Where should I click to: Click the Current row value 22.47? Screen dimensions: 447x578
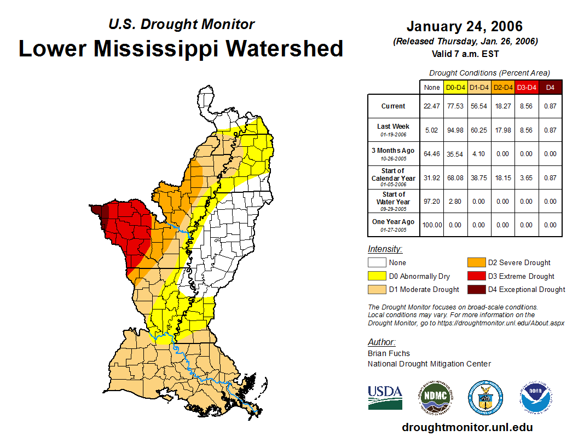pyautogui.click(x=431, y=106)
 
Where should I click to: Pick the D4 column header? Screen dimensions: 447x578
pyautogui.click(x=550, y=87)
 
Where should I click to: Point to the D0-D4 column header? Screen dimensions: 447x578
pyautogui.click(x=455, y=87)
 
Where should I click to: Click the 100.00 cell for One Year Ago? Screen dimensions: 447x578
pyautogui.click(x=431, y=225)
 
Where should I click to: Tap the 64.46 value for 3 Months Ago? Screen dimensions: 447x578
pyautogui.click(x=431, y=154)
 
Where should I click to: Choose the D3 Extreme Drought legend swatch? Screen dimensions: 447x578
pyautogui.click(x=476, y=277)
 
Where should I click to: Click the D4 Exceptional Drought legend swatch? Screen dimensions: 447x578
pyautogui.click(x=476, y=290)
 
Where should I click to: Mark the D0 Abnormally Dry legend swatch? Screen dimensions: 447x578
pyautogui.click(x=378, y=277)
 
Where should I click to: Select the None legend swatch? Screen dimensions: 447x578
pyautogui.click(x=378, y=263)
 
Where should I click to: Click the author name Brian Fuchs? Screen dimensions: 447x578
pyautogui.click(x=389, y=353)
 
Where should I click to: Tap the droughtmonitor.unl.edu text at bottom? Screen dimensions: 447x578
pyautogui.click(x=467, y=427)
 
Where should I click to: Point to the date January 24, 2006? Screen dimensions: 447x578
pyautogui.click(x=465, y=26)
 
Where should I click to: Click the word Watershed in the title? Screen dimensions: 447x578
pyautogui.click(x=285, y=48)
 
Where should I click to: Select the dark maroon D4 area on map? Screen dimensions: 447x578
pyautogui.click(x=97, y=210)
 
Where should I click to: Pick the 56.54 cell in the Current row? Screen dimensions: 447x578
pyautogui.click(x=479, y=106)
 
